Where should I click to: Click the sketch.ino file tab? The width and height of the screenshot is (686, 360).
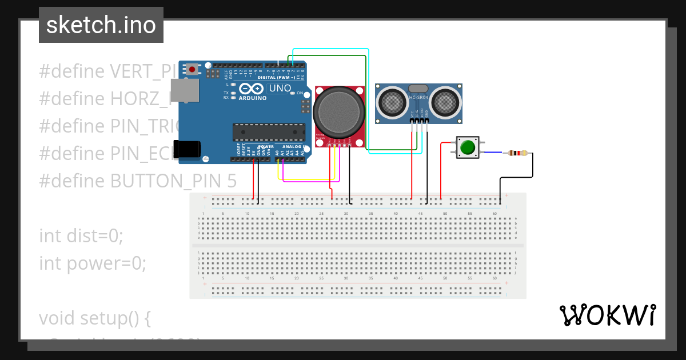point(101,25)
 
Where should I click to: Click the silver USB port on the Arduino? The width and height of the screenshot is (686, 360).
point(185,90)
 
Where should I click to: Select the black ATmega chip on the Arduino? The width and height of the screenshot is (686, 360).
point(269,132)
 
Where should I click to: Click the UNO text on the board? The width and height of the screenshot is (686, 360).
point(280,89)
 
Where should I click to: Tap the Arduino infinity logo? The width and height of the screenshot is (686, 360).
point(252,89)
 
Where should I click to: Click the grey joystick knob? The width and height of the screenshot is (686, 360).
point(338,110)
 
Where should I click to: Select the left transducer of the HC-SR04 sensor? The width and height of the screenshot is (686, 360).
point(392,102)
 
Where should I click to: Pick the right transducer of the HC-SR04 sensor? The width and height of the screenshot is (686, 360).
point(445,102)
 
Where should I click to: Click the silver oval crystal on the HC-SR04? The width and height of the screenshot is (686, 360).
point(418,89)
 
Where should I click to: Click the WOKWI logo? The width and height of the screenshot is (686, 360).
point(607,315)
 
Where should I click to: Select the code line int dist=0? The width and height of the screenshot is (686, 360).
point(81,235)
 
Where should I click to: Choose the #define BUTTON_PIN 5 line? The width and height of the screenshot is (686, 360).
point(137,181)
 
